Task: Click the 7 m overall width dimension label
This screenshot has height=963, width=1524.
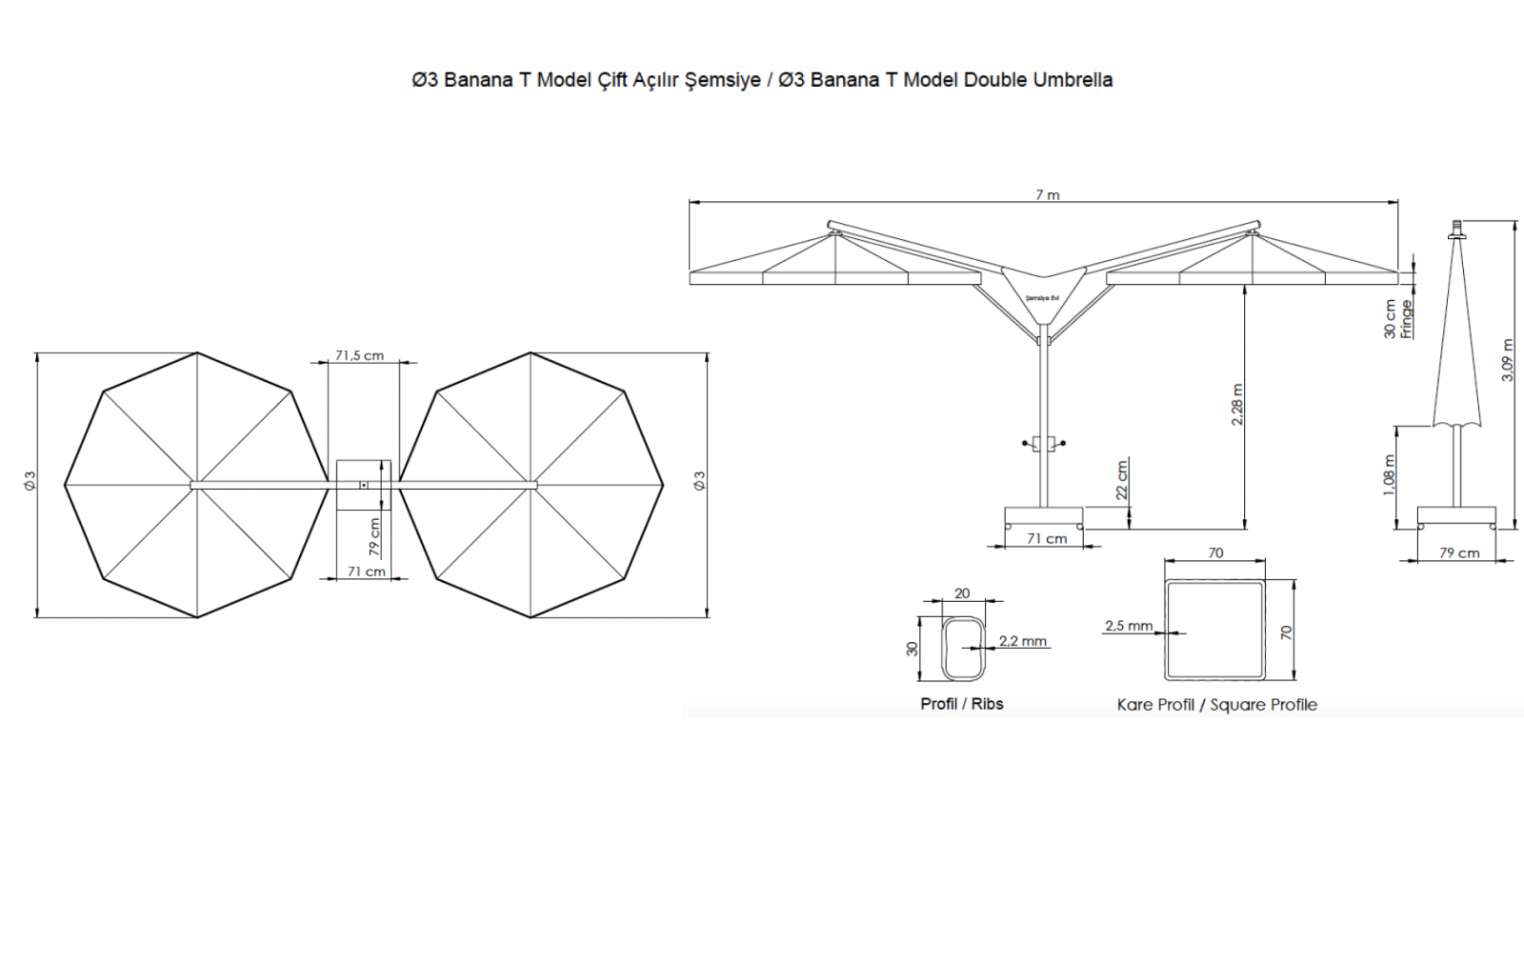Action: tap(1048, 194)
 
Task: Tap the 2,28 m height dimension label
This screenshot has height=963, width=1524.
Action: tap(1237, 404)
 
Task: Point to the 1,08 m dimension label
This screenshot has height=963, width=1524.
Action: tap(1390, 475)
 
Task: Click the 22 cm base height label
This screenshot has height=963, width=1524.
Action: tap(1122, 480)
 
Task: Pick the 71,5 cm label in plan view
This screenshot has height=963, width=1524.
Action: tap(359, 355)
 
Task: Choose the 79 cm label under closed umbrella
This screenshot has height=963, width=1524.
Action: tap(1459, 552)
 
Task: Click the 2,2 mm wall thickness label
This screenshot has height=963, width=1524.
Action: tap(1023, 640)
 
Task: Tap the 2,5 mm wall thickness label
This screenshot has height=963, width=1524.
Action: tap(1129, 626)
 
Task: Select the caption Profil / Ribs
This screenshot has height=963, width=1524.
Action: tap(961, 704)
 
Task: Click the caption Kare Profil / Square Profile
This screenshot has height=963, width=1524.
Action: tap(1216, 705)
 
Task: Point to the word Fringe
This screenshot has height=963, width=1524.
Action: tap(1406, 319)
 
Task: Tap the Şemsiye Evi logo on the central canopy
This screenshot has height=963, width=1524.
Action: tap(1042, 298)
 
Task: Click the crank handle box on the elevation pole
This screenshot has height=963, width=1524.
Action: tap(1043, 443)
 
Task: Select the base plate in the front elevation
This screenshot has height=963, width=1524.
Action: tap(1044, 515)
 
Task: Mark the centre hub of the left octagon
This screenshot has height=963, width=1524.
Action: tap(196, 485)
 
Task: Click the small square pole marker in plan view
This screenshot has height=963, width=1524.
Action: tap(364, 485)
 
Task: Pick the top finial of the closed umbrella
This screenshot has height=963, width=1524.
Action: tap(1455, 230)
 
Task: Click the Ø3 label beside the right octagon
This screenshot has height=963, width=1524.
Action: tap(700, 480)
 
